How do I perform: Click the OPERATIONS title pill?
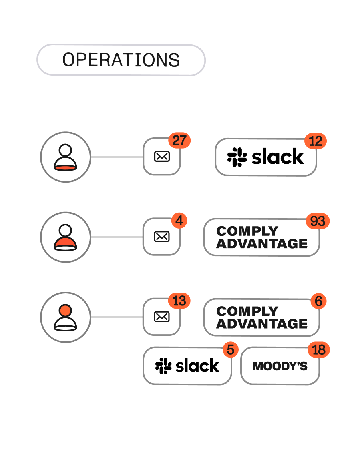click(x=121, y=60)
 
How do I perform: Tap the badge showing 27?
click(x=179, y=141)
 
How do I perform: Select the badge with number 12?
click(x=316, y=141)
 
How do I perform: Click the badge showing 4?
click(x=179, y=221)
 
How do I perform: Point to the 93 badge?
click(x=318, y=221)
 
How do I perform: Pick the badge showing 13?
click(x=179, y=301)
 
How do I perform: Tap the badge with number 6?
click(x=318, y=301)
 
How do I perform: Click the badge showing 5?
click(x=230, y=350)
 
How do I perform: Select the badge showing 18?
click(x=318, y=350)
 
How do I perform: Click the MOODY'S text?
click(x=280, y=366)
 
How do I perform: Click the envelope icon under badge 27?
click(x=162, y=157)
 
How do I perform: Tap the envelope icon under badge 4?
click(x=162, y=237)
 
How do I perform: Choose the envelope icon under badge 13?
click(x=162, y=317)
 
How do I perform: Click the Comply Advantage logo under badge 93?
click(x=262, y=237)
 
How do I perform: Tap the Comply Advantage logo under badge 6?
click(x=262, y=317)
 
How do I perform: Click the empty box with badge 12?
click(x=266, y=157)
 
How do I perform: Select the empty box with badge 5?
click(x=187, y=366)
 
